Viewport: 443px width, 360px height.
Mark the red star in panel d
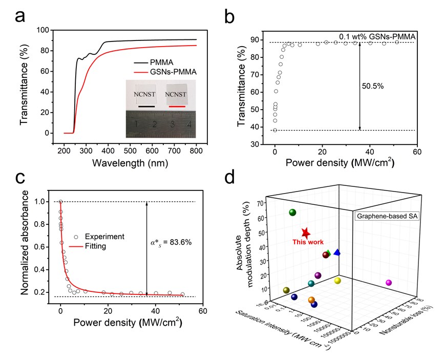tap(305, 234)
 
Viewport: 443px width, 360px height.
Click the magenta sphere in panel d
tap(388, 283)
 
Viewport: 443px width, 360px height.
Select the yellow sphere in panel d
tap(337, 281)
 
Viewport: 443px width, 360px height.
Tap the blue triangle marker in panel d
tap(336, 252)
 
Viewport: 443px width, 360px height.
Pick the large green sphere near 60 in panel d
tap(292, 213)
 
